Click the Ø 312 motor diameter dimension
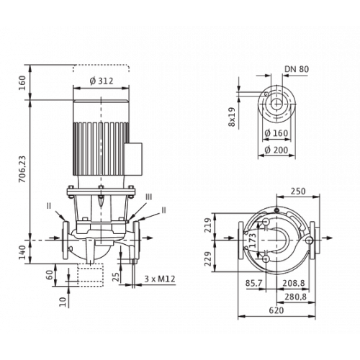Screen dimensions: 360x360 point(102,81)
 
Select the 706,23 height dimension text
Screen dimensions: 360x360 point(22,169)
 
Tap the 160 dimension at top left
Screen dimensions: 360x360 point(22,83)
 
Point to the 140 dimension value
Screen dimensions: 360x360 point(22,252)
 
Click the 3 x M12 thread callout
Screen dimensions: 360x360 point(160,279)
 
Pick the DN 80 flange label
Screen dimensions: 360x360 point(297,69)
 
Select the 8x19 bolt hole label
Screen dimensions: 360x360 point(232,117)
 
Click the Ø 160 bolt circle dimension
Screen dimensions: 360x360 point(276,133)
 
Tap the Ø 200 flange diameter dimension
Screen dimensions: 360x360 point(276,150)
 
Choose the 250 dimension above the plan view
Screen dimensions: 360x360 point(298,192)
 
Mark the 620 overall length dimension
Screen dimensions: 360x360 point(276,310)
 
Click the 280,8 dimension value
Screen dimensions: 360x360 point(296,297)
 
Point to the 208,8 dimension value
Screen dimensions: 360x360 point(293,283)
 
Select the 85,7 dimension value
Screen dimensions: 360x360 point(253,283)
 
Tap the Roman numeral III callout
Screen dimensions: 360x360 point(149,197)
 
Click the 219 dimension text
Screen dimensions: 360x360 point(208,225)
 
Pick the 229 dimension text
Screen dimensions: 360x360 point(208,258)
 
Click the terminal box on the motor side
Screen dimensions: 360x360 point(133,159)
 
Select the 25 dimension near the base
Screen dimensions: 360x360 point(116,276)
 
